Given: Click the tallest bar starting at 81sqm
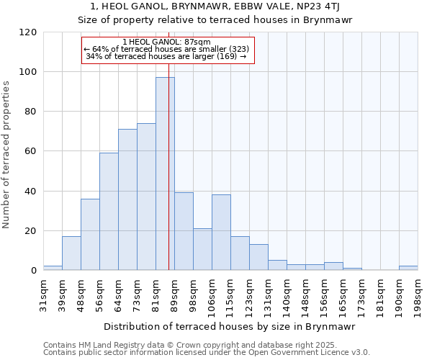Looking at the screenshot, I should [165, 174].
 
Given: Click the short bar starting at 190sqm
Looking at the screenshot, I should [408, 268].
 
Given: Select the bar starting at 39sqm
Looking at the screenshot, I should [71, 253].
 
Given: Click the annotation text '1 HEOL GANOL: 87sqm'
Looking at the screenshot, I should [167, 42].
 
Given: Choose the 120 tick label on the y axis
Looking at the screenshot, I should [28, 32].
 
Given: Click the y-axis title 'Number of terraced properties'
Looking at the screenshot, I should [7, 155].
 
